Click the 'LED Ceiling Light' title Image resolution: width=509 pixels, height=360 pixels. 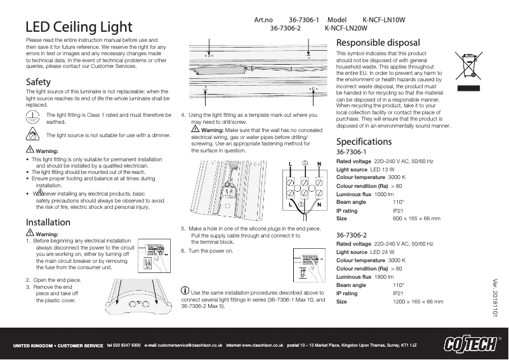click(x=79, y=27)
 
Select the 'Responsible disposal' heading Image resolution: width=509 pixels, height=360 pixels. click(x=378, y=43)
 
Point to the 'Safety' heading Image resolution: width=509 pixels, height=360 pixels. click(x=38, y=83)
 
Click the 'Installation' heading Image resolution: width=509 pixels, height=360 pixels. click(x=48, y=222)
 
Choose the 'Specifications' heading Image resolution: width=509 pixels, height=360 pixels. click(x=364, y=142)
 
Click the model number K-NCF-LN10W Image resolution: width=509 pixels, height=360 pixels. click(x=383, y=20)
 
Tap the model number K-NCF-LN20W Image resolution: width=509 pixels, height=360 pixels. click(x=346, y=29)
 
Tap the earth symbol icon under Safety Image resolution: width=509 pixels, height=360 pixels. click(x=32, y=117)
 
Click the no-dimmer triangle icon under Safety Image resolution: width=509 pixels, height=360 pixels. click(x=32, y=134)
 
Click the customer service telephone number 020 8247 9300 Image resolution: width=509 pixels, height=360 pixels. click(x=124, y=345)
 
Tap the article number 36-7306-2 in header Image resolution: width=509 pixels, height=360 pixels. click(x=285, y=29)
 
